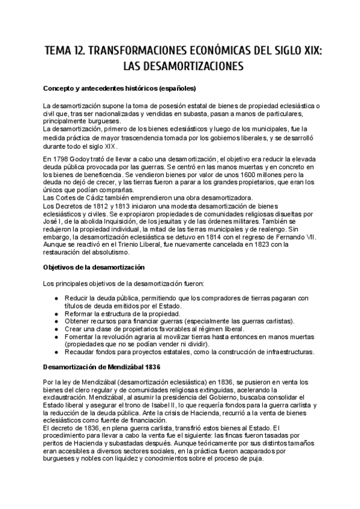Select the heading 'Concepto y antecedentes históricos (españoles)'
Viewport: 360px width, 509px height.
[x=120, y=88]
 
